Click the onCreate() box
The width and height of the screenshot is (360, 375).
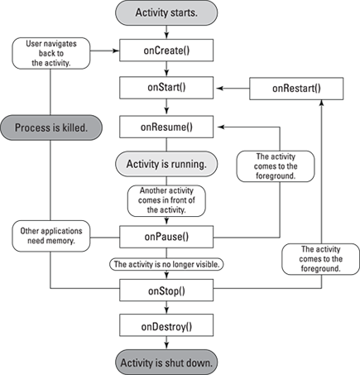[x=166, y=50]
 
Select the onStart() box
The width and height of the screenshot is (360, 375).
[x=166, y=88]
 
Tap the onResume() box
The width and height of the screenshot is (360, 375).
[x=166, y=127]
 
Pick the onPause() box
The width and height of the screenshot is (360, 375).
[x=166, y=237]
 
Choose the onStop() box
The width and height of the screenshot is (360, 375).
[x=166, y=290]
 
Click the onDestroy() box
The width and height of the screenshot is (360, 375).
[x=166, y=325]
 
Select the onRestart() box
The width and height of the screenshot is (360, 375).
[x=296, y=89]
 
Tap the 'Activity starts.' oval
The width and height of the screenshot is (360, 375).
[x=166, y=13]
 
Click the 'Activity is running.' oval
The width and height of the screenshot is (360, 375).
[x=166, y=164]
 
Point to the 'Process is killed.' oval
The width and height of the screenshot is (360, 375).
[x=51, y=127]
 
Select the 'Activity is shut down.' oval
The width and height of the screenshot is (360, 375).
[x=166, y=363]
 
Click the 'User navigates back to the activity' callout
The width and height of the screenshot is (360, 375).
[x=51, y=53]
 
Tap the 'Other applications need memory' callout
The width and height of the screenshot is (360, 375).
[x=51, y=236]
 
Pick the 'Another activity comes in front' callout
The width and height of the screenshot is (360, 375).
[x=166, y=200]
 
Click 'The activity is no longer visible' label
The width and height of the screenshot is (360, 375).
[x=166, y=264]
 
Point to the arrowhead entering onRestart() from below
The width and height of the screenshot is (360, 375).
[x=321, y=103]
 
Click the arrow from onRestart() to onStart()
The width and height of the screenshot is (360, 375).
[x=233, y=89]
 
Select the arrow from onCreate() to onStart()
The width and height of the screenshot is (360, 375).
[x=166, y=69]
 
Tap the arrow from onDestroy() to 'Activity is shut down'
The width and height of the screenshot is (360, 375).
[x=166, y=343]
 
